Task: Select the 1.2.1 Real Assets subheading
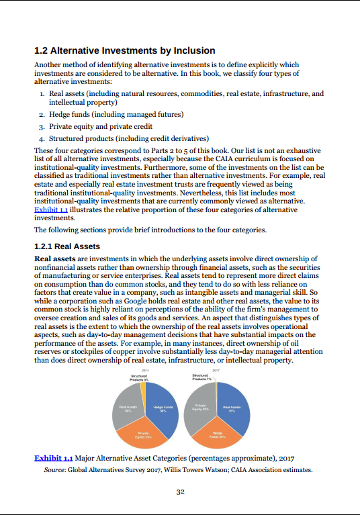point(67,246)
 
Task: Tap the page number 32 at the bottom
point(180,491)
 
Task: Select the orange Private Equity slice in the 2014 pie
point(143,434)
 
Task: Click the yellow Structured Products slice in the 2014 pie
point(142,389)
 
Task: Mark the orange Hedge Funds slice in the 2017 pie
point(216,435)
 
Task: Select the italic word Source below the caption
point(54,470)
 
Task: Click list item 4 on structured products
point(118,138)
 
